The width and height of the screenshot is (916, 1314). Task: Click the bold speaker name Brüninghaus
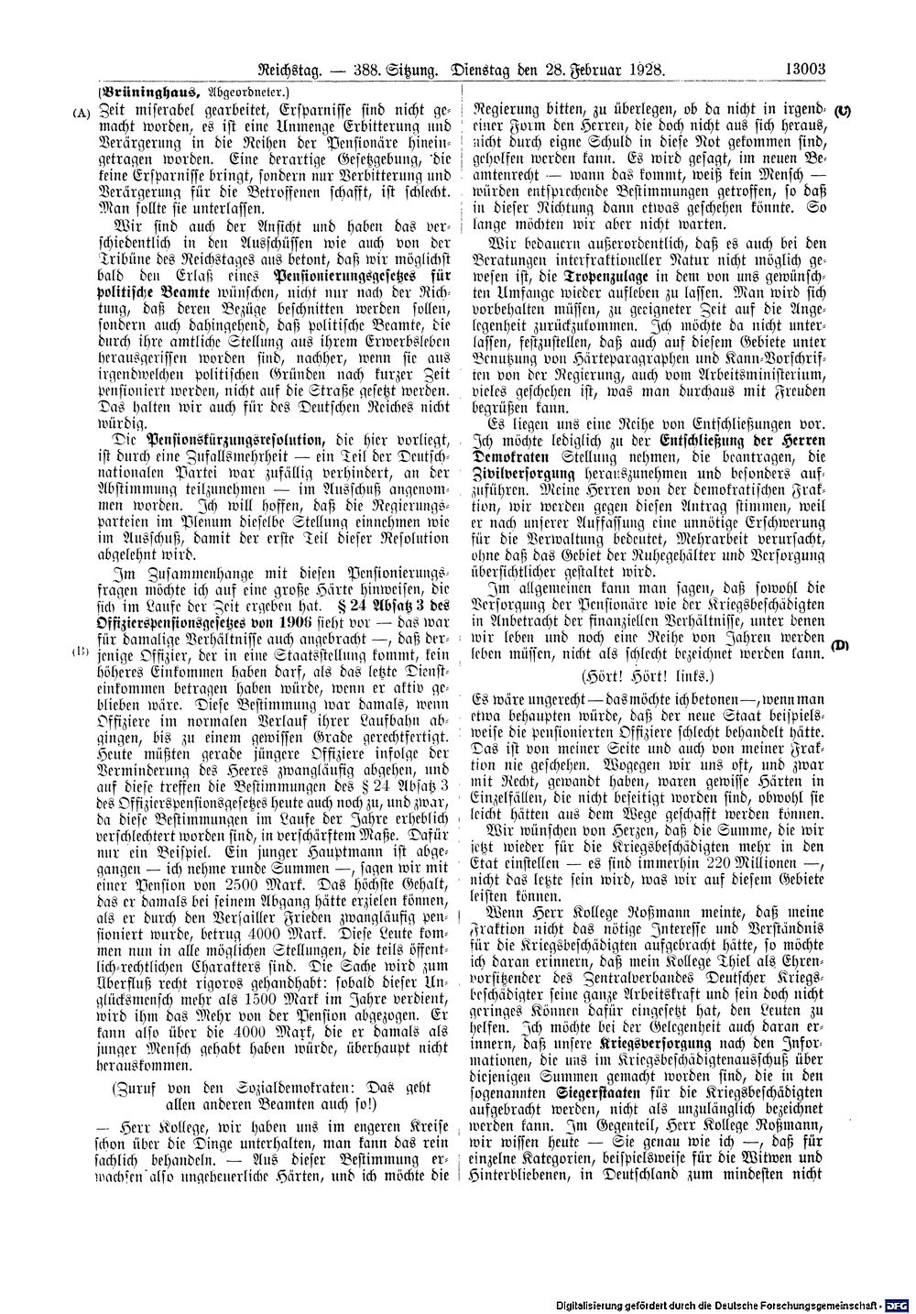click(149, 92)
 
